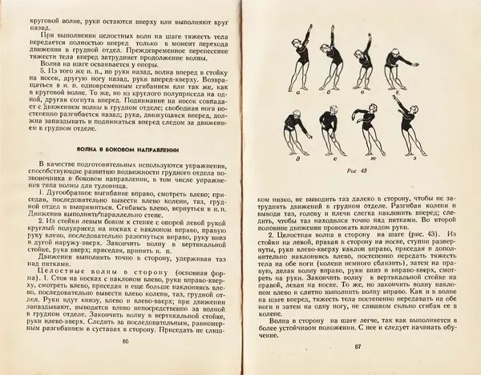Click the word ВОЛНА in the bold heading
(x=86, y=149)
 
